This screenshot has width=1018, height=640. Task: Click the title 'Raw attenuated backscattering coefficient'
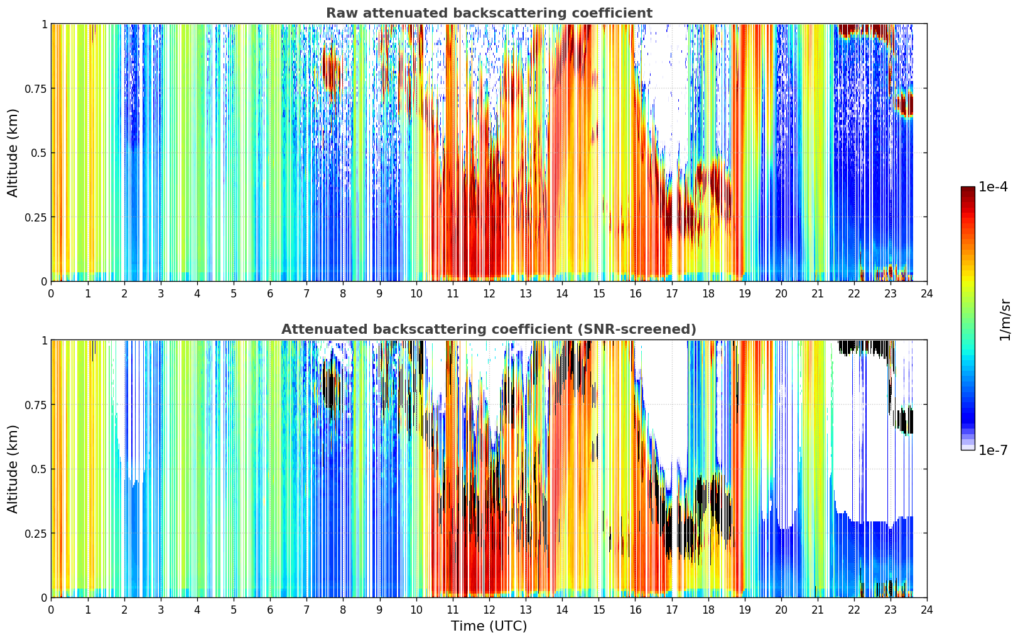coord(489,13)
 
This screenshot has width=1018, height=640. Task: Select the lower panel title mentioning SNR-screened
coord(489,329)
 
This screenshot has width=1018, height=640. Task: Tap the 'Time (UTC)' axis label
coord(489,626)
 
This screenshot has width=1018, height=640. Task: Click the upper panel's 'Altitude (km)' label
coord(13,152)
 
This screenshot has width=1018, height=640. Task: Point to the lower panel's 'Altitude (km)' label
coord(13,469)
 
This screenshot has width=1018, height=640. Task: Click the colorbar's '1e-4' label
coord(992,186)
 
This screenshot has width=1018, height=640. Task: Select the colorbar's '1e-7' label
coord(992,451)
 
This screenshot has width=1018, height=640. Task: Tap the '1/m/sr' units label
coord(1005,319)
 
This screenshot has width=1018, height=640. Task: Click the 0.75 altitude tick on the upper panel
coord(35,88)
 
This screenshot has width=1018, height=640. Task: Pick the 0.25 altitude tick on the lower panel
coord(35,533)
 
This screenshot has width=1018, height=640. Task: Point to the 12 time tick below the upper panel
coord(489,294)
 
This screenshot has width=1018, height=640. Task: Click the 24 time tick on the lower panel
coord(927,610)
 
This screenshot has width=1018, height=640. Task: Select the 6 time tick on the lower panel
coord(270,610)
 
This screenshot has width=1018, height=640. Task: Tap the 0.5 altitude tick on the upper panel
coord(38,153)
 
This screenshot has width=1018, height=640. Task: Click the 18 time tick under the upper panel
coord(708,294)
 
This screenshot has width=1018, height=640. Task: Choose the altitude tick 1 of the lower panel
coord(45,341)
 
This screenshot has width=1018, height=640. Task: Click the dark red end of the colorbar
coord(968,189)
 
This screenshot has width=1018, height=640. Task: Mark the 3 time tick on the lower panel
coord(160,610)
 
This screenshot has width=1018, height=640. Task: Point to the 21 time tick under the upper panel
coord(818,294)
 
